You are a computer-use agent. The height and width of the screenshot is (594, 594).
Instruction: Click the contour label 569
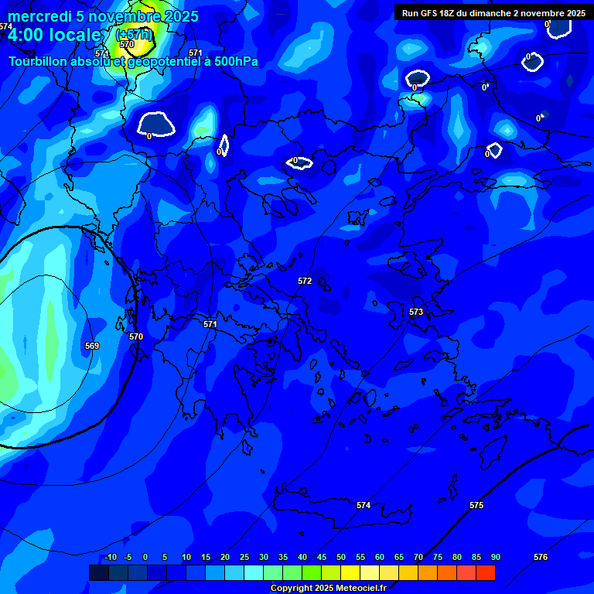(92, 346)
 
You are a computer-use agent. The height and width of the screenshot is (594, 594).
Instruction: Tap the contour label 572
(305, 281)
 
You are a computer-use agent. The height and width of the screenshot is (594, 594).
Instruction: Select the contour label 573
(416, 312)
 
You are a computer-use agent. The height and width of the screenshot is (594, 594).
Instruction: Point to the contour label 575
(476, 505)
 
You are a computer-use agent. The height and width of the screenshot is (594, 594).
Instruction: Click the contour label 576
(541, 557)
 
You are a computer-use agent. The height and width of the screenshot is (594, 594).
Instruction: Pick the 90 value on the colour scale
(495, 557)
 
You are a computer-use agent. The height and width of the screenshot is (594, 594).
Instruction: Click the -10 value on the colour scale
(110, 557)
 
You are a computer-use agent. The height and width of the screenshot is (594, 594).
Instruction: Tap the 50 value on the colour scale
(341, 557)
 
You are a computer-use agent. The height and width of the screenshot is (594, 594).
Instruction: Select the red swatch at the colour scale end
(486, 572)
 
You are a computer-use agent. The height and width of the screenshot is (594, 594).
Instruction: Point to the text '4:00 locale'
(54, 35)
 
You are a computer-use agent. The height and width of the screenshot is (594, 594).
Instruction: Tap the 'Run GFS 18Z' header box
(493, 12)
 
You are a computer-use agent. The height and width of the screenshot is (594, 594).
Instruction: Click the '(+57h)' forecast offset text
(134, 35)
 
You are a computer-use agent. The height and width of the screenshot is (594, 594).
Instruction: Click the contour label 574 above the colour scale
(364, 505)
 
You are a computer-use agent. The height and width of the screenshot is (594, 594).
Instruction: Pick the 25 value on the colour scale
(244, 557)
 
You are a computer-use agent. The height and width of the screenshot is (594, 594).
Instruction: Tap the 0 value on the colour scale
(145, 557)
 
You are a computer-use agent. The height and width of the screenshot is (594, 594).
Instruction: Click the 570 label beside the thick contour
(136, 336)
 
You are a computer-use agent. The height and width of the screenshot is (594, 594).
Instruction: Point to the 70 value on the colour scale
(418, 557)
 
